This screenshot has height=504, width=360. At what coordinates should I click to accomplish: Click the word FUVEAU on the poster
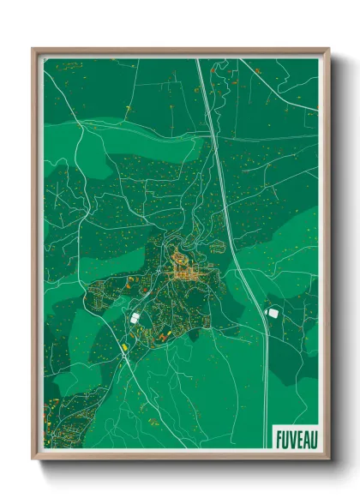click(x=295, y=438)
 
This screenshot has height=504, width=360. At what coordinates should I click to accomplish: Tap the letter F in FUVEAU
click(x=279, y=438)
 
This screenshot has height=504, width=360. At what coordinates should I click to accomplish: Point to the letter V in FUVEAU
click(x=291, y=438)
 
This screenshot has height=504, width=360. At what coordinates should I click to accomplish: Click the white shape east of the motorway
click(x=273, y=314)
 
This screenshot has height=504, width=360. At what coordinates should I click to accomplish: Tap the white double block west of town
click(x=135, y=318)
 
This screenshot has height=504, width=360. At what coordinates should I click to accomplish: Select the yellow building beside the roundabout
click(x=125, y=347)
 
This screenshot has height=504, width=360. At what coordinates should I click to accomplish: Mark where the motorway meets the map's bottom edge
click(x=266, y=447)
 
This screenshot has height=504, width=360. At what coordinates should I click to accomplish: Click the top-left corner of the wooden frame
click(x=33, y=49)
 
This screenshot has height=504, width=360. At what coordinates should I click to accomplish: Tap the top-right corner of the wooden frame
click(x=329, y=49)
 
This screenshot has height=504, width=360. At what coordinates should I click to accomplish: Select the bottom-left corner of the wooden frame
click(x=33, y=459)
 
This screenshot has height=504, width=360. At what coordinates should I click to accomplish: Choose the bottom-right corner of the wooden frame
click(x=329, y=459)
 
